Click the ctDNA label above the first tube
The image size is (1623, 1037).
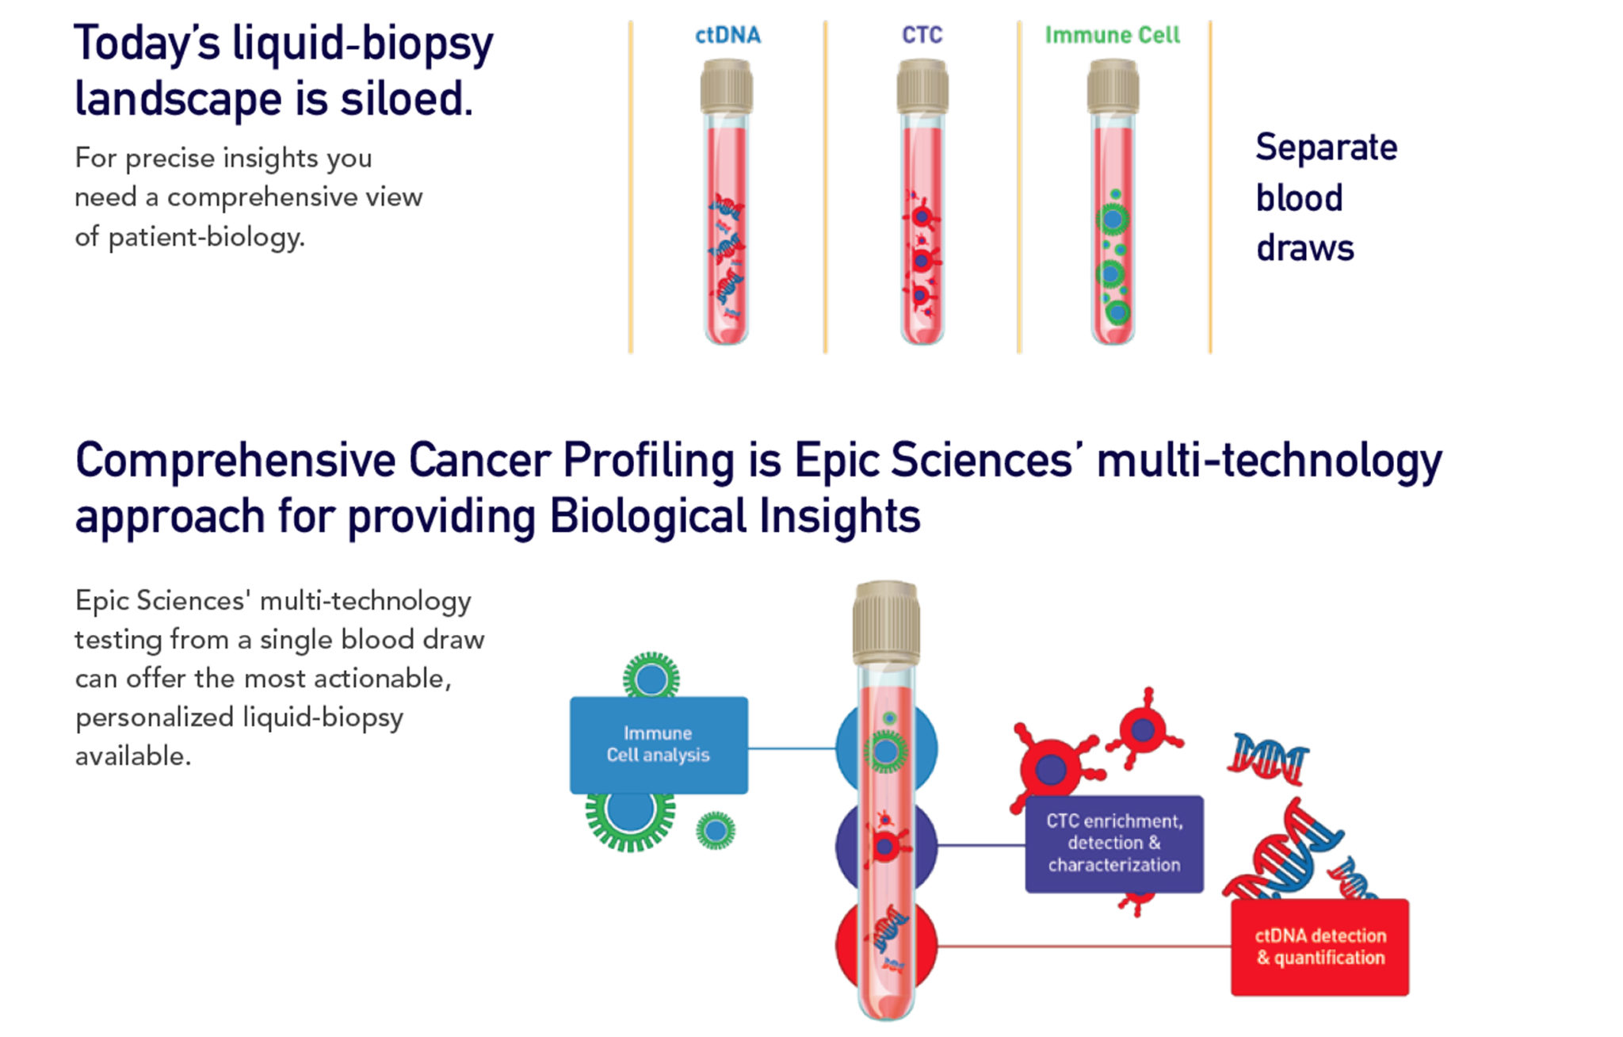pyautogui.click(x=727, y=35)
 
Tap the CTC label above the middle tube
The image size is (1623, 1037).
pyautogui.click(x=922, y=35)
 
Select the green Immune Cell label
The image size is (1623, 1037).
pyautogui.click(x=1112, y=35)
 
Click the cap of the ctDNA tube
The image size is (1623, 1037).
pyautogui.click(x=726, y=86)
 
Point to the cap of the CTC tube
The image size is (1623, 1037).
pyautogui.click(x=922, y=86)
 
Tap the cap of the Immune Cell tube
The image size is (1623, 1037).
pyautogui.click(x=1113, y=86)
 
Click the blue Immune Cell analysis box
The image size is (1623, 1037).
pyautogui.click(x=659, y=745)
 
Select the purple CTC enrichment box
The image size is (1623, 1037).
pyautogui.click(x=1114, y=844)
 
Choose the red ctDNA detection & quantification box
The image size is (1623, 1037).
pyautogui.click(x=1319, y=947)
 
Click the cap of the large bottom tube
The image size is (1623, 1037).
pyautogui.click(x=886, y=623)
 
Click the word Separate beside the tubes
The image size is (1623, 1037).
pyautogui.click(x=1327, y=148)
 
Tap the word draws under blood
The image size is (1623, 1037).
pyautogui.click(x=1305, y=248)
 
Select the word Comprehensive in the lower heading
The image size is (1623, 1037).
pyautogui.click(x=235, y=461)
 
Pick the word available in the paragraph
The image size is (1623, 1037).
pyautogui.click(x=133, y=756)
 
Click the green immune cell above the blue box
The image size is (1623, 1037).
pyautogui.click(x=651, y=676)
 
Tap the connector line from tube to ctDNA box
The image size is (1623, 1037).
pyautogui.click(x=1084, y=946)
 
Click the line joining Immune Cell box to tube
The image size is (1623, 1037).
pyautogui.click(x=792, y=748)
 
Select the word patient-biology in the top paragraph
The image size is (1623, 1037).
pyautogui.click(x=206, y=237)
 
